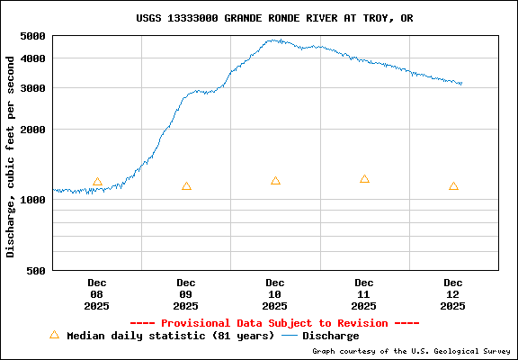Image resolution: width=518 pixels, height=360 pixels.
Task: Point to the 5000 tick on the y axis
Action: tap(33, 36)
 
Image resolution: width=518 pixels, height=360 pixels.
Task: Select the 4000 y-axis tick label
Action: tap(33, 58)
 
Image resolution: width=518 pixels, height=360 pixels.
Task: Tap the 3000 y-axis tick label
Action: tap(33, 88)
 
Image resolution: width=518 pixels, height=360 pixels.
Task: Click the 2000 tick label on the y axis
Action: tap(33, 130)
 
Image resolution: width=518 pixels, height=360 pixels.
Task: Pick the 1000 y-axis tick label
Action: tap(33, 200)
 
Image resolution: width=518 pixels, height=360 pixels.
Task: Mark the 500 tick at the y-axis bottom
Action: tap(37, 270)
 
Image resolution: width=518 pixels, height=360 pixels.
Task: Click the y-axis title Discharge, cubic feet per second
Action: tap(11, 156)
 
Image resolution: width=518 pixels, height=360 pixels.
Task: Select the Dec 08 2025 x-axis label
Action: tap(97, 294)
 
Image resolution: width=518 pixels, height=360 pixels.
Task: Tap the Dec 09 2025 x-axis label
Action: tap(186, 294)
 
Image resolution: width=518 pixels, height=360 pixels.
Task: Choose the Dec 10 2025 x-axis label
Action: tap(275, 294)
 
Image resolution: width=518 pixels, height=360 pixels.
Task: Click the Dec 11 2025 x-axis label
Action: tap(364, 294)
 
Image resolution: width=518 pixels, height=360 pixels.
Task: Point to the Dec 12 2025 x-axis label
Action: tap(453, 294)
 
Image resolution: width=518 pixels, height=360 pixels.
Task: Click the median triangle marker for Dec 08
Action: tap(97, 182)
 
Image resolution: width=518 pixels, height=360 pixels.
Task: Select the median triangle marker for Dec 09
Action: tap(186, 186)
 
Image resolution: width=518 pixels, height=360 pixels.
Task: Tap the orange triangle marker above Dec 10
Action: tap(275, 181)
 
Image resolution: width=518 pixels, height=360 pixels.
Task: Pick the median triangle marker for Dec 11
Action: tap(364, 179)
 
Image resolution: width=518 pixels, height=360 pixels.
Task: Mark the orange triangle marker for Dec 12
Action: tap(453, 186)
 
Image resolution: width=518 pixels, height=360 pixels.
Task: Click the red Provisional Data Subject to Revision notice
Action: tap(275, 323)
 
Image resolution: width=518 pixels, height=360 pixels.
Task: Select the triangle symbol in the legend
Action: tap(54, 335)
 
